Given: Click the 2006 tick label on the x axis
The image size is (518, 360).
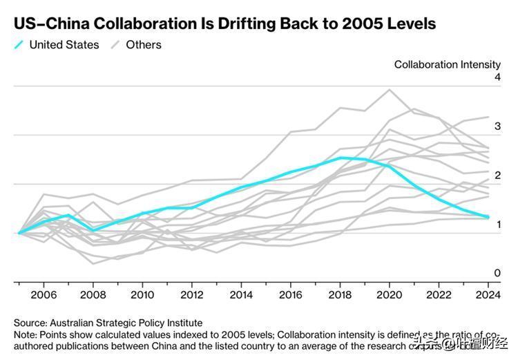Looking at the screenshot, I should [44, 295].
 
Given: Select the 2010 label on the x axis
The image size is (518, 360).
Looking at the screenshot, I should [142, 295].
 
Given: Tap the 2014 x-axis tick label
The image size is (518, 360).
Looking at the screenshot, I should [241, 295].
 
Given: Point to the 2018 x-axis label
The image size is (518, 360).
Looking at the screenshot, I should [340, 295].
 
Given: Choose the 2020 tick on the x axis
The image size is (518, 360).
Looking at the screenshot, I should [390, 295].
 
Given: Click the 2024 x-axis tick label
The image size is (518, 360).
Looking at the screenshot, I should [488, 295].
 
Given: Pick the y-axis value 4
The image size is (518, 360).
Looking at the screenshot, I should [497, 77].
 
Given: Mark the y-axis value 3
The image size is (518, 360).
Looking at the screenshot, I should [497, 126].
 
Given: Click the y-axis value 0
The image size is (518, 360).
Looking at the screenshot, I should [497, 274].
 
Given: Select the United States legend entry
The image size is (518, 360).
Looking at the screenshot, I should [64, 45].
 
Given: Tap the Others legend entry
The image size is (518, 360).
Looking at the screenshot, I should [144, 45].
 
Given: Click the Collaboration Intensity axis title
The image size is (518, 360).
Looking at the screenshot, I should [447, 64].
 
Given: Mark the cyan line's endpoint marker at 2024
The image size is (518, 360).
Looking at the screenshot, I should [488, 217].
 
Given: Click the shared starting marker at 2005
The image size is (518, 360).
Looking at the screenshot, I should [19, 233].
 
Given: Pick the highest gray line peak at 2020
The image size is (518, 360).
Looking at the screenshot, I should [390, 89].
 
